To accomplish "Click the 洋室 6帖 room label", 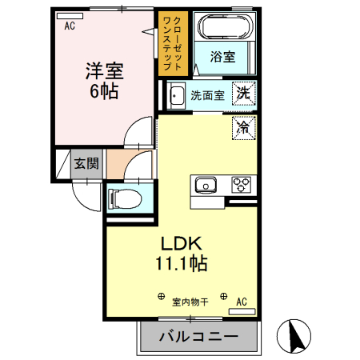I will click(x=102, y=80).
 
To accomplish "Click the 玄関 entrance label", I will click(x=86, y=165).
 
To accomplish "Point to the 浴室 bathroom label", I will click(x=222, y=57).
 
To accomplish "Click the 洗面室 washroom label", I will click(x=206, y=95).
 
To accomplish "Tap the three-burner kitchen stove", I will click(x=241, y=185).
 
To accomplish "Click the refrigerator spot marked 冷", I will click(x=243, y=126).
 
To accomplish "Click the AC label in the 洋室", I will click(x=70, y=26).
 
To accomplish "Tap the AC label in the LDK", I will click(x=242, y=302).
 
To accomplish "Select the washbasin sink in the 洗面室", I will click(x=177, y=94).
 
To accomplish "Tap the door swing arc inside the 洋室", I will click(x=142, y=130).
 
